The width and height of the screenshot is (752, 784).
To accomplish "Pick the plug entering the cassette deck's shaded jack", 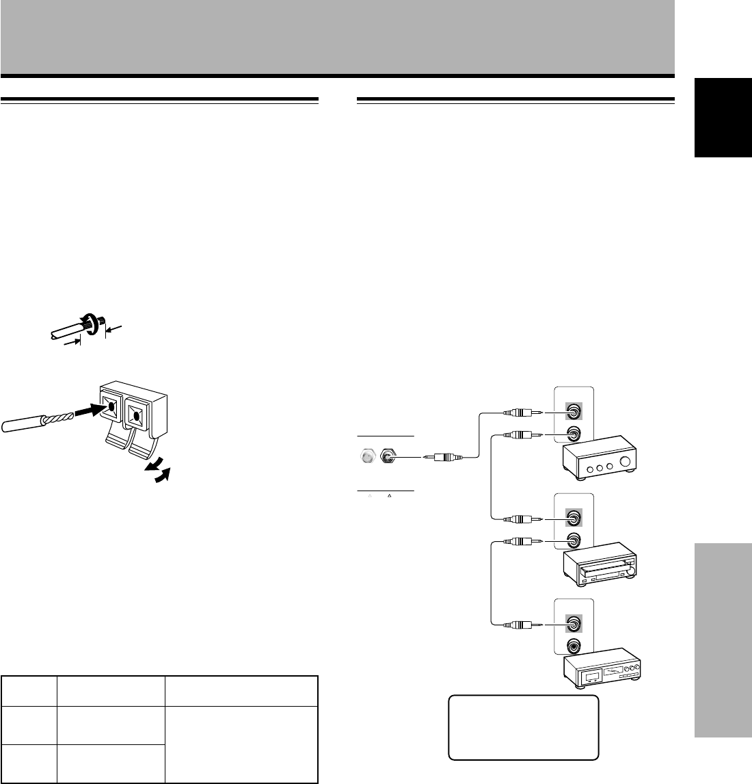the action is pyautogui.click(x=523, y=624).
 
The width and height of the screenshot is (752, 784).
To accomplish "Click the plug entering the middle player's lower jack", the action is pyautogui.click(x=523, y=541).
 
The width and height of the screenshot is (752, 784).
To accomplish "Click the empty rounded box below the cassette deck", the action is pyautogui.click(x=523, y=727).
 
